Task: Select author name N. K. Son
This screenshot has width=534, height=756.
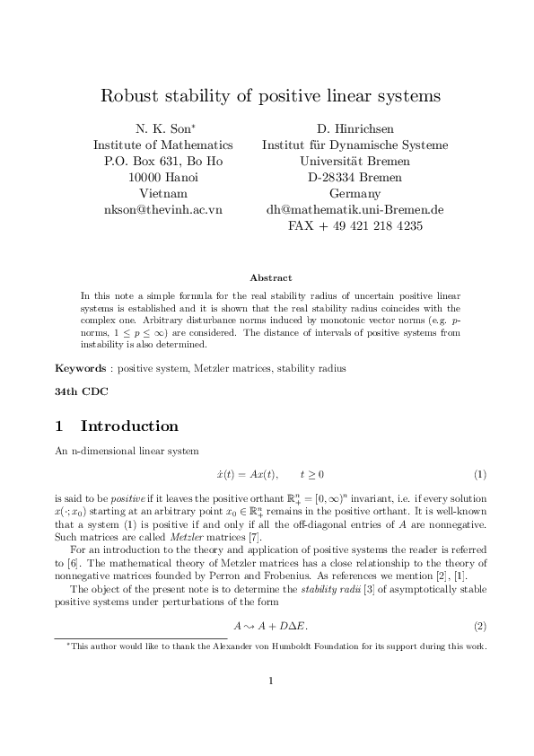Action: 162,128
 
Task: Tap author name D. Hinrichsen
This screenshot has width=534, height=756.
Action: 355,128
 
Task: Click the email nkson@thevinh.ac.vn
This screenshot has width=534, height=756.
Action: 163,209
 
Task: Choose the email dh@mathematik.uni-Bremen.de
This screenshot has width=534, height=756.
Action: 355,209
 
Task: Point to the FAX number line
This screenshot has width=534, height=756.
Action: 355,225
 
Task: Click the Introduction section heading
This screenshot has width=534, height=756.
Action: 129,426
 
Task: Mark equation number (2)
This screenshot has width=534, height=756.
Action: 479,624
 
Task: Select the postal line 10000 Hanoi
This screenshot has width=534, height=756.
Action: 163,177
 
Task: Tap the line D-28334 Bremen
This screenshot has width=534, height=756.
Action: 355,177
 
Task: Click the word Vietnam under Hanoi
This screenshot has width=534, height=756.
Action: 163,193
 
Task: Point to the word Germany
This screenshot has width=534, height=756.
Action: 355,193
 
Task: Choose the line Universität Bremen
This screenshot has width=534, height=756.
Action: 355,161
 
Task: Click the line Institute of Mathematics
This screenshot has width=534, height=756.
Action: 163,145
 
